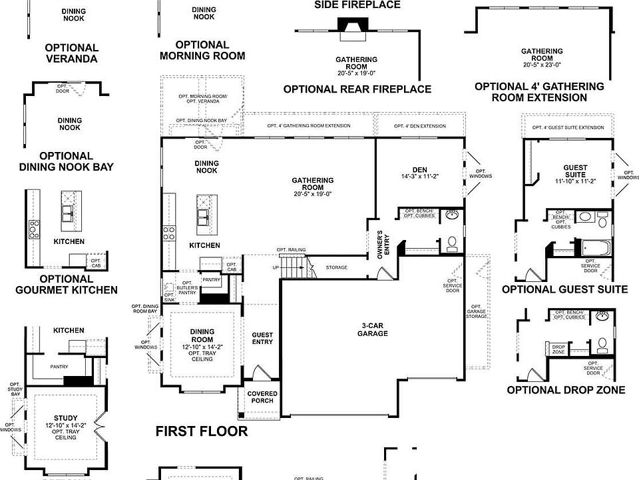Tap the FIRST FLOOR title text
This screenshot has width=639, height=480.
pyautogui.click(x=202, y=431)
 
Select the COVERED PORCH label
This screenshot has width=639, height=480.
pyautogui.click(x=262, y=397)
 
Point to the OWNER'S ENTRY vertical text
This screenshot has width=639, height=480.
pyautogui.click(x=380, y=245)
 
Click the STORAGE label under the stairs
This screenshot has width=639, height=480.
pyautogui.click(x=337, y=267)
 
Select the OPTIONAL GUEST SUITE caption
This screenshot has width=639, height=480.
pyautogui.click(x=564, y=289)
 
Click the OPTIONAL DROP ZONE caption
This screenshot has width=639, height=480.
pyautogui.click(x=566, y=390)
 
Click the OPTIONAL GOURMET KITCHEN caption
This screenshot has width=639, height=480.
pyautogui.click(x=67, y=284)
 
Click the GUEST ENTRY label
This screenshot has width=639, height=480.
pyautogui.click(x=262, y=339)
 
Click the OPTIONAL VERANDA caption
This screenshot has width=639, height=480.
pyautogui.click(x=72, y=53)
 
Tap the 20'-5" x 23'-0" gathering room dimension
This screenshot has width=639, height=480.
pyautogui.click(x=541, y=65)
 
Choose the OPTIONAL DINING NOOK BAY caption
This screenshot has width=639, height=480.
pyautogui.click(x=75, y=161)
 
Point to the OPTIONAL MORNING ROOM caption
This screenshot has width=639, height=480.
pyautogui.click(x=202, y=50)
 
